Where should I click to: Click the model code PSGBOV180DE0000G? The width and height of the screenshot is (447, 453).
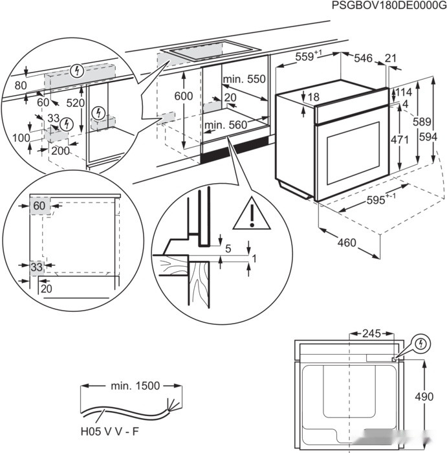[x=388, y=6]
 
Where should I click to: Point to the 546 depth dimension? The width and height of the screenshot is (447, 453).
[x=363, y=59]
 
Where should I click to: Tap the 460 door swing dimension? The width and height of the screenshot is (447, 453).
[x=347, y=243]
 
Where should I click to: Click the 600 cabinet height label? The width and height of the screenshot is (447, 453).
[x=184, y=96]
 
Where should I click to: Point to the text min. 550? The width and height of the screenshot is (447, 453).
[x=244, y=79]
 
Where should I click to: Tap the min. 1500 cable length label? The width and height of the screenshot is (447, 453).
[x=135, y=386]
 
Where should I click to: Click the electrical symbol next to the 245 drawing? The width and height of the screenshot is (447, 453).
[x=420, y=343]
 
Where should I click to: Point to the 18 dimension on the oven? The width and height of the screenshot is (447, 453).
[x=313, y=97]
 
